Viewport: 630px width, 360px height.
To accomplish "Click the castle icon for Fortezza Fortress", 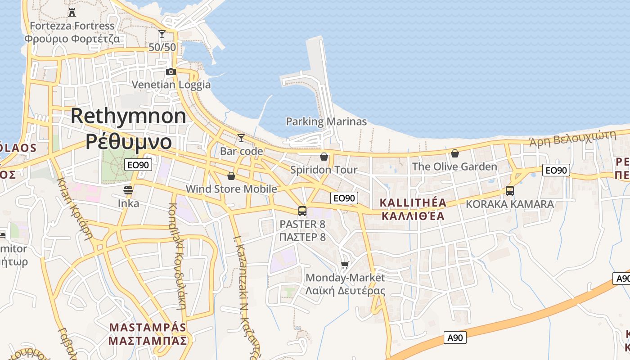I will [x=72, y=12].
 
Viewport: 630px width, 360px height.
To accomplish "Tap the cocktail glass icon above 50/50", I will [x=162, y=34].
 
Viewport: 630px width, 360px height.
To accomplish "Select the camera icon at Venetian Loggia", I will [x=171, y=72].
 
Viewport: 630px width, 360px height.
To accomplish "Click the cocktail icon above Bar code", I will [x=241, y=138].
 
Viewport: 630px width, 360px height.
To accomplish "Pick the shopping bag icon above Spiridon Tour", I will [x=324, y=157].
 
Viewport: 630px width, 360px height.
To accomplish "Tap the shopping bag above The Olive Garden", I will [x=455, y=153].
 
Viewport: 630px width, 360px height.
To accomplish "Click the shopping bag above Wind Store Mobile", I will [x=231, y=175].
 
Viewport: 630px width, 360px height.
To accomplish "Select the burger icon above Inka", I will [x=128, y=190].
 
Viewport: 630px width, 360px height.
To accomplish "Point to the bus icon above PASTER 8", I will [x=302, y=211].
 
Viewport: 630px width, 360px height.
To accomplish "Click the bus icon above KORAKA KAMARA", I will [x=509, y=190].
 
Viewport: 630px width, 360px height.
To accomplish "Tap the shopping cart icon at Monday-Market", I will [x=345, y=265].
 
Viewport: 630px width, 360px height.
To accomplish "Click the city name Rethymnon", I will [x=128, y=116].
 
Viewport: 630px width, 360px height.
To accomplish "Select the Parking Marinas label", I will [x=326, y=121].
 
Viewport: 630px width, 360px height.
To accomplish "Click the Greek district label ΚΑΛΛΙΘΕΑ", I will [x=413, y=216].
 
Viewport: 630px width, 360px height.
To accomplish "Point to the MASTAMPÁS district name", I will [x=148, y=327].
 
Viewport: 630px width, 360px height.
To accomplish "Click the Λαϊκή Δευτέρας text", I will [x=345, y=291].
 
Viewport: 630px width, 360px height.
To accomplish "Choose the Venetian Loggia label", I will [x=171, y=85].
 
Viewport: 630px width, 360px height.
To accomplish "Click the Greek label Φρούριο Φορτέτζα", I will [x=72, y=39].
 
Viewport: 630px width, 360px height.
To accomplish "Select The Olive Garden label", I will [x=454, y=167].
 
